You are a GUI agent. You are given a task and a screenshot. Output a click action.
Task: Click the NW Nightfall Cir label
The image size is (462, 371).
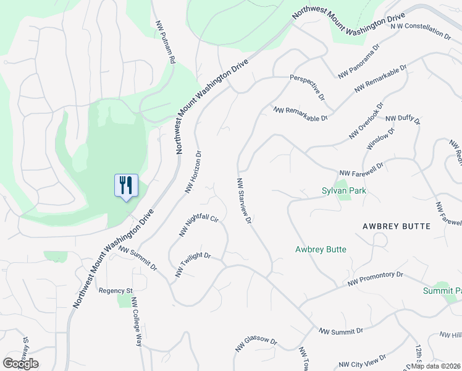click(199, 226)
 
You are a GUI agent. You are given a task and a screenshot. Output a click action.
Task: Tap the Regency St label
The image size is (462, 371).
click(116, 291)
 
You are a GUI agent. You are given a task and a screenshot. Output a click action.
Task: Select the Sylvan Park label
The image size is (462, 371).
click(344, 190)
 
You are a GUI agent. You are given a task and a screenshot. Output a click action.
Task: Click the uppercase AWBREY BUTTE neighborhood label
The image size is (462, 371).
click(396, 226)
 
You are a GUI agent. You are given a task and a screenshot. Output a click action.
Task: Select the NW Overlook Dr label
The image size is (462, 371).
click(366, 121)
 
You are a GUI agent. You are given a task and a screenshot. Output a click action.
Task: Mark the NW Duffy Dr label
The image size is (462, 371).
click(403, 119)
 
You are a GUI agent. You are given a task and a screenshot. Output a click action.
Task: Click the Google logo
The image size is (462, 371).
click(21, 364)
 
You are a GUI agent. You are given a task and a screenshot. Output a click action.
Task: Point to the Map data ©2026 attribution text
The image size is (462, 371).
click(435, 366)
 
